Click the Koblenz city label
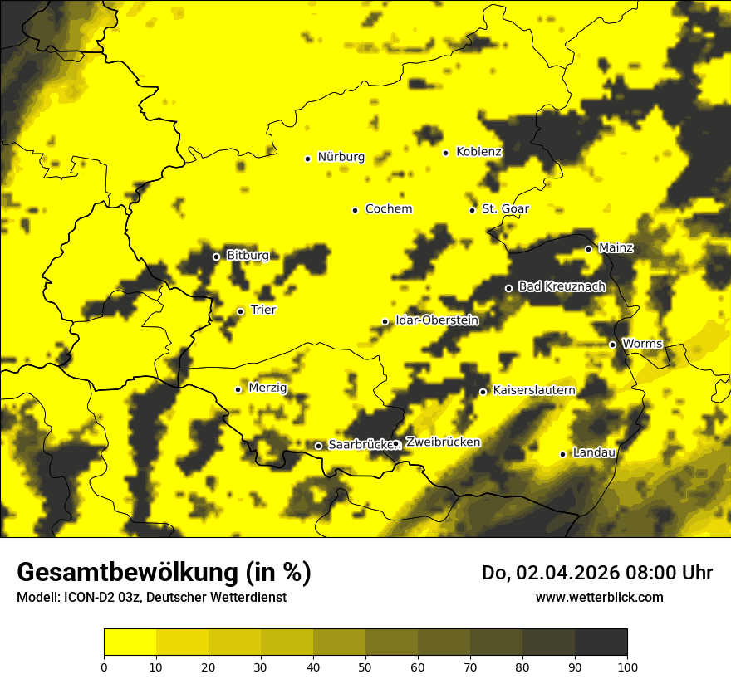[x=478, y=152]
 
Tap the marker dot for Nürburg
[x=307, y=159]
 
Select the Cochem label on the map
[x=388, y=209]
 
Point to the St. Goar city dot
[x=473, y=210]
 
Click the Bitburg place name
[x=248, y=256]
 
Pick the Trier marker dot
[x=241, y=311]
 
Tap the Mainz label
[x=616, y=248]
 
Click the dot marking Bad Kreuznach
[x=509, y=288]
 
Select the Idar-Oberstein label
[x=437, y=320]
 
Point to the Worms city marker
[x=613, y=344]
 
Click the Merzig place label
[x=267, y=388]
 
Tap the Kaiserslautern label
[x=533, y=390]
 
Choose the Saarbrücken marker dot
[x=318, y=446]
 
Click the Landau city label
[x=594, y=452]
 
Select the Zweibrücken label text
[x=443, y=442]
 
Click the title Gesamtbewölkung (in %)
[x=164, y=573]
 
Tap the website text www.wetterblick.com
[x=599, y=597]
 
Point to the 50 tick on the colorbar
[x=365, y=667]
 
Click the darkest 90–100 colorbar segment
[x=601, y=642]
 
